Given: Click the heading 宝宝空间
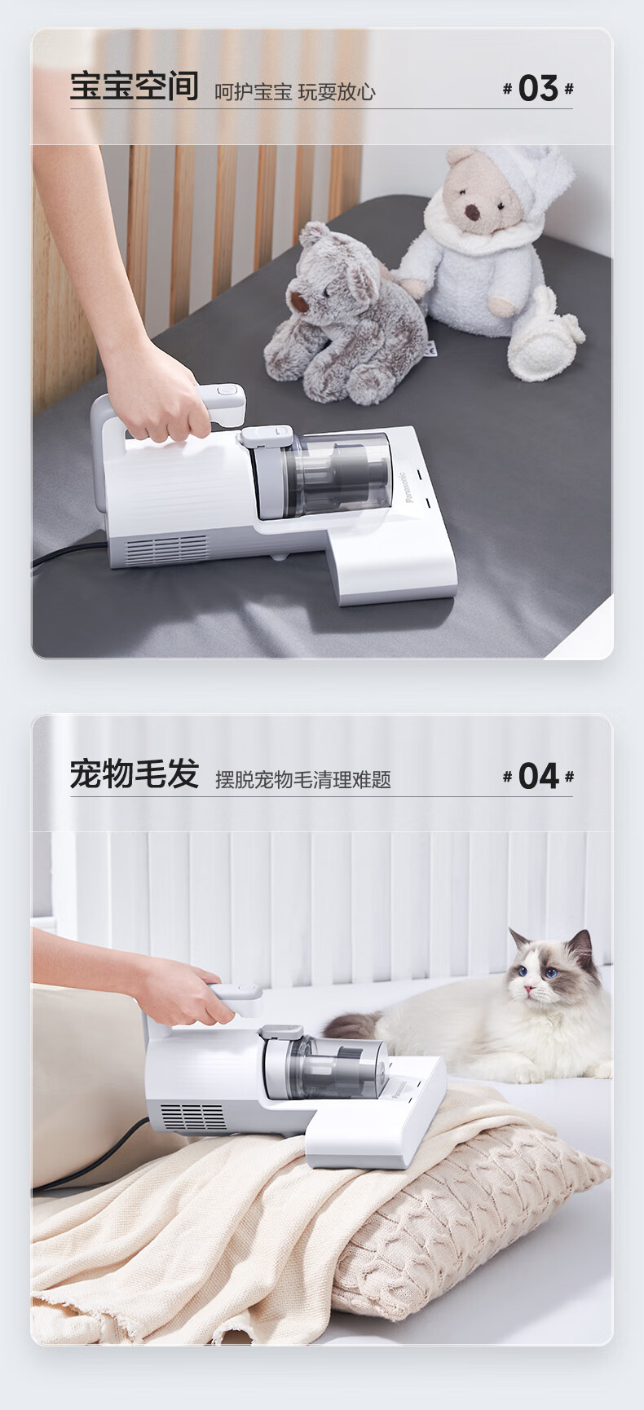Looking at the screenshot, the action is click(x=134, y=86).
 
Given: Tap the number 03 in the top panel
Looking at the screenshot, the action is click(x=538, y=88).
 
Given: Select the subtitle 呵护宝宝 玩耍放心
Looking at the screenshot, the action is click(x=295, y=91).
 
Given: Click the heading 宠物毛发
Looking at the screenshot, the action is click(x=134, y=774).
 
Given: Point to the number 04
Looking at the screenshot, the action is click(x=538, y=776).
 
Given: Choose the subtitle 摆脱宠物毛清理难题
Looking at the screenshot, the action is click(x=303, y=780).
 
